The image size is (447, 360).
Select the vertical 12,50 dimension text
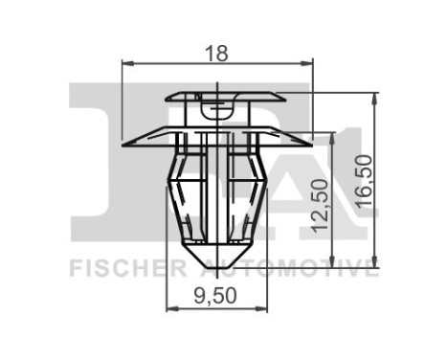[321, 204]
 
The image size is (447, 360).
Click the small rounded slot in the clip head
[219, 108]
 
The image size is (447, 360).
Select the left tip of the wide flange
[126, 144]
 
